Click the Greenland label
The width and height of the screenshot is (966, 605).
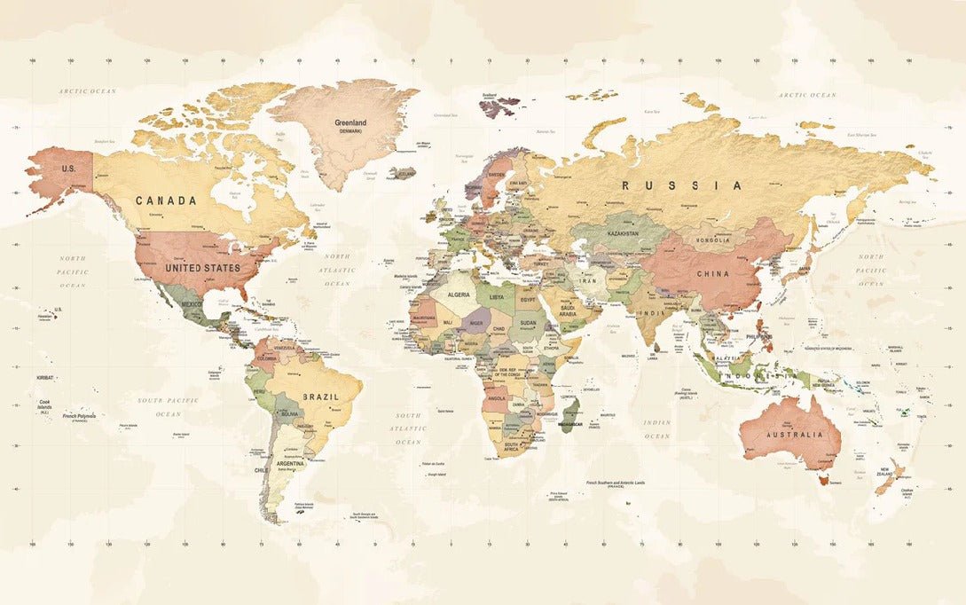click(350, 123)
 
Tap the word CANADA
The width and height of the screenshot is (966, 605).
click(166, 200)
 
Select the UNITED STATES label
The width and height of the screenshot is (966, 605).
click(203, 267)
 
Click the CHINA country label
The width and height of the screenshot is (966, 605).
click(711, 274)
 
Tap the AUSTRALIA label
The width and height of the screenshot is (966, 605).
click(789, 436)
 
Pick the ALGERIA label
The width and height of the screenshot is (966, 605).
click(459, 294)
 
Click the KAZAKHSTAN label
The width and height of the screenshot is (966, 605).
click(623, 233)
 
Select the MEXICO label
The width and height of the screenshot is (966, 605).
click(192, 304)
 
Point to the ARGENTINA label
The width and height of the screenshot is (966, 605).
click(289, 463)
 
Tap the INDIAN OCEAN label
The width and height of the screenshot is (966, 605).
click(657, 429)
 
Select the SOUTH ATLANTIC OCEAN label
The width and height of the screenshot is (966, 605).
click(409, 428)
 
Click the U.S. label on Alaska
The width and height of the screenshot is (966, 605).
click(67, 168)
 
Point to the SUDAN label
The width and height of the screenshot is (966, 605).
click(527, 323)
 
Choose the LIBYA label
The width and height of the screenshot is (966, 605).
click(496, 296)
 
